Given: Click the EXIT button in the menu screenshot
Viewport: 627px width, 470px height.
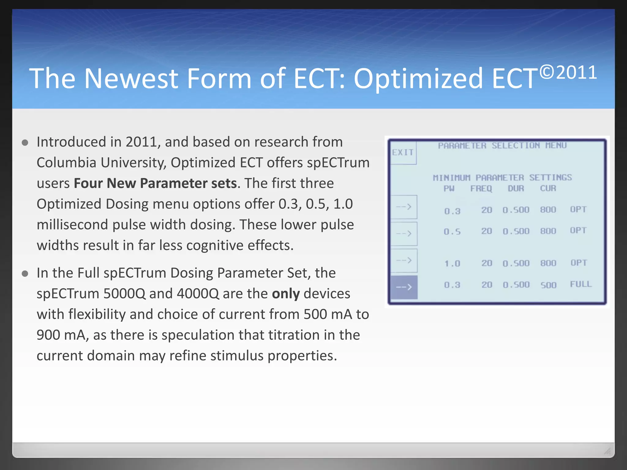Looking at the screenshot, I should click(403, 153).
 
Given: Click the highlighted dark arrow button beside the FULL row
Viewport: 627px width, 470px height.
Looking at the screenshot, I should click(404, 287).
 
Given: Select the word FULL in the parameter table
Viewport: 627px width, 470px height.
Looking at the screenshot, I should click(581, 284).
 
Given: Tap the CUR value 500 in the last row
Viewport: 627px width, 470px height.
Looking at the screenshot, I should click(548, 285).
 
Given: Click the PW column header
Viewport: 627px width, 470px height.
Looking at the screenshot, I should click(449, 188).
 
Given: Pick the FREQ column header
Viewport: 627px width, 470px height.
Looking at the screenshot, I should click(481, 188).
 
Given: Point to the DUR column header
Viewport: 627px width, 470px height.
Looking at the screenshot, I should click(516, 188).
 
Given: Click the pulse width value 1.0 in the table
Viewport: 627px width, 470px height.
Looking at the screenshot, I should click(452, 263).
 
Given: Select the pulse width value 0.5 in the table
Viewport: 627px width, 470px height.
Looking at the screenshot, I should click(452, 232).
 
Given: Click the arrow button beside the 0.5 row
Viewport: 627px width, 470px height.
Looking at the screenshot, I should click(404, 234).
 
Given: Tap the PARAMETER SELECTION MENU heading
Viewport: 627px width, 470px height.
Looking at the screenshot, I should click(502, 146).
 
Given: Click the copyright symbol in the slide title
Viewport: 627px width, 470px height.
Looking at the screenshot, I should click(547, 72).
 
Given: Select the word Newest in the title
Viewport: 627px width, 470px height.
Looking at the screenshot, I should click(131, 79).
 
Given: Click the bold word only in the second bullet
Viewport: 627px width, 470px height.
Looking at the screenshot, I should click(286, 294).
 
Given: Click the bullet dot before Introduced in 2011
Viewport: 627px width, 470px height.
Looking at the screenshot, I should click(25, 143).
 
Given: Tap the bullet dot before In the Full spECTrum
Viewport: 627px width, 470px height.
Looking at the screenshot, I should click(25, 274).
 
